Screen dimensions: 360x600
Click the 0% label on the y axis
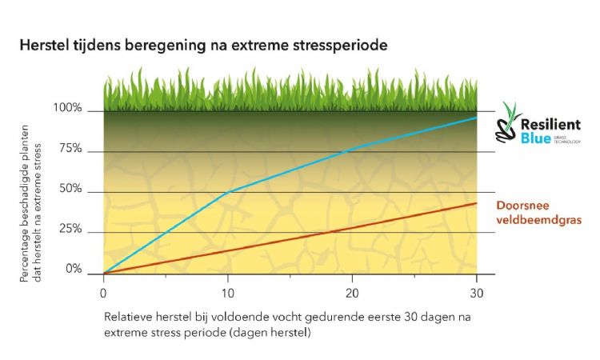pos(73,270)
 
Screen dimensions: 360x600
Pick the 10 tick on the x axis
pos(228,291)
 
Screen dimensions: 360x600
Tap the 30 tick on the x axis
pos(476,291)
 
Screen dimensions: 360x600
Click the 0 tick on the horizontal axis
pos(103,291)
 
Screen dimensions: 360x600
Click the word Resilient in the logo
pos(551,125)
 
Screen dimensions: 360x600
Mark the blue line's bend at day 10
pos(229,192)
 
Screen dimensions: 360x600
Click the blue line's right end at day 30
pos(477,118)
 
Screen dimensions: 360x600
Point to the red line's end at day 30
pos(477,202)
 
